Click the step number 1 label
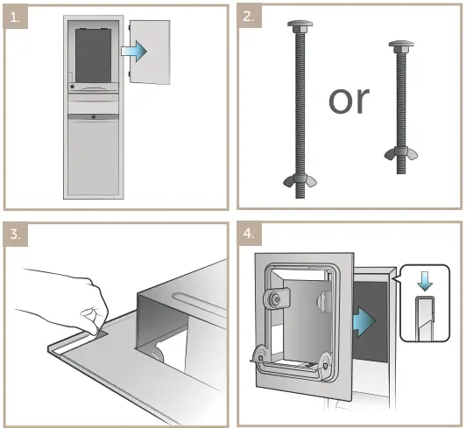pos(15,17)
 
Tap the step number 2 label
pos(249,16)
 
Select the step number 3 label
pos(15,235)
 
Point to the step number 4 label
pos(249,234)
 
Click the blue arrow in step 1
pos(134,51)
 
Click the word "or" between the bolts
pos(349,100)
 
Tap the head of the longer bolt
pos(300,26)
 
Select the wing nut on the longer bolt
pos(300,180)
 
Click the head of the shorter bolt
pos(401,47)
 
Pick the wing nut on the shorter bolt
pos(401,153)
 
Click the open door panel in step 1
pos(150,53)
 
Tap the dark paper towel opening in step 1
pos(94,55)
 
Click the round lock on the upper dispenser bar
pos(72,87)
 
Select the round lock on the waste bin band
pos(94,117)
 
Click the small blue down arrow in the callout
pos(424,280)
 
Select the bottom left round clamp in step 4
pos(260,356)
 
